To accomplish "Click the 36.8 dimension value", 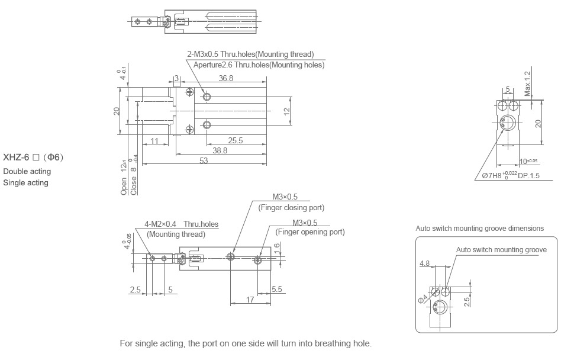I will coord(225,78).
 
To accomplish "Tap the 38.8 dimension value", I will coord(220,151).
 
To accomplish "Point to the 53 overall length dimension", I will coord(203,162).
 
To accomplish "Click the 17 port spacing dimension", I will coord(250,300).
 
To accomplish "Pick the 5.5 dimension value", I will coord(277,289).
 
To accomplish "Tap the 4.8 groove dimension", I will coord(424,263).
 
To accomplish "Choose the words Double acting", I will coord(27,172).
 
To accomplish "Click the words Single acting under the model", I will coord(26,182).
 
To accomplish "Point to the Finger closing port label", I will coord(291,208).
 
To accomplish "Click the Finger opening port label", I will coord(310,232).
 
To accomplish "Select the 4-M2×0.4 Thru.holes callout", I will coord(181,224).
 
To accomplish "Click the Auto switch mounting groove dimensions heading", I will coord(479,229).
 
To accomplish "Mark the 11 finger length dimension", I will coord(154,140).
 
